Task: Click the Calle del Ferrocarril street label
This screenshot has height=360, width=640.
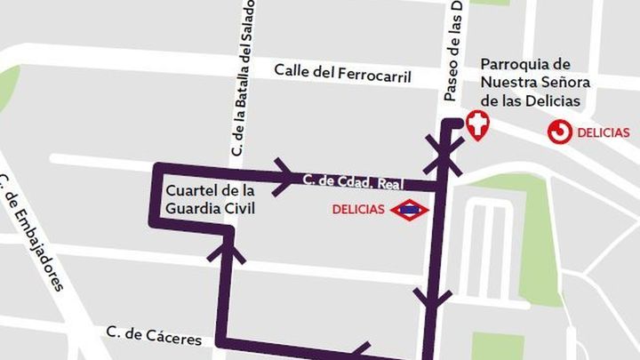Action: [x=342, y=72]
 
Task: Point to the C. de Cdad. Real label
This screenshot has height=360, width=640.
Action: [x=352, y=181]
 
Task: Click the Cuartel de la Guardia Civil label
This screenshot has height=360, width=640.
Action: [x=211, y=200]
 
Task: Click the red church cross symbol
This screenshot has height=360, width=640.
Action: [x=478, y=125]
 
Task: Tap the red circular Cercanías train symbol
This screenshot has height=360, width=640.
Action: [x=560, y=132]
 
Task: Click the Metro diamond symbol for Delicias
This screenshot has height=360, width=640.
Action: [x=411, y=211]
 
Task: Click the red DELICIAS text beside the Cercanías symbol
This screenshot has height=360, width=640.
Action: [x=604, y=133]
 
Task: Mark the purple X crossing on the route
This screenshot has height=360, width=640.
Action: [x=443, y=154]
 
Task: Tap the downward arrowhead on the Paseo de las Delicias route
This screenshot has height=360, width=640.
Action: [x=433, y=300]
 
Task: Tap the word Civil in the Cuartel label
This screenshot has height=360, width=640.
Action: [x=238, y=209]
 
